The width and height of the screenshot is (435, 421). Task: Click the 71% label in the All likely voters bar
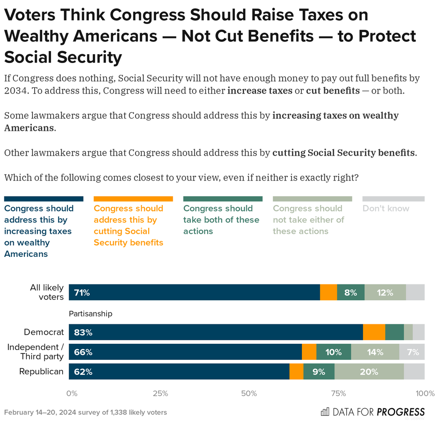click(82, 293)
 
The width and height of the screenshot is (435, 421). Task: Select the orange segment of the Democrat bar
click(374, 332)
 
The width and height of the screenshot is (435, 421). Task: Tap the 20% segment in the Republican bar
click(369, 372)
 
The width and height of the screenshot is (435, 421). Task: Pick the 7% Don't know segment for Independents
click(413, 352)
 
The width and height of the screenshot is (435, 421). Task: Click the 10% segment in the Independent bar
click(333, 352)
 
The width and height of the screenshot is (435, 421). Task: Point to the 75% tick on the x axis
click(338, 393)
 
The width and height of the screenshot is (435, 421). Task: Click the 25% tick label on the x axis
click(160, 393)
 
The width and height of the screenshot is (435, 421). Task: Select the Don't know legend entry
click(386, 209)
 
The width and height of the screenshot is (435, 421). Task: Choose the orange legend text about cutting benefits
click(128, 225)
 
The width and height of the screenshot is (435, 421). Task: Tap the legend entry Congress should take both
click(221, 220)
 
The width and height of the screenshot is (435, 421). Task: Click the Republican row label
click(41, 372)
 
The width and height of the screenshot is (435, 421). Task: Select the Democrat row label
click(44, 332)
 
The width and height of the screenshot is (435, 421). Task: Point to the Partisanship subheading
click(91, 314)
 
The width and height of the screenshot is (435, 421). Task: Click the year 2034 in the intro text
click(16, 91)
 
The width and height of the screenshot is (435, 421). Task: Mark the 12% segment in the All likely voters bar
click(385, 293)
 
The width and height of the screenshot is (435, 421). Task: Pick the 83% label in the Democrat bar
click(83, 332)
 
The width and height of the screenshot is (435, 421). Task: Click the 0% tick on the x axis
click(71, 393)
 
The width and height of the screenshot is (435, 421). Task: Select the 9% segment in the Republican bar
click(319, 372)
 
